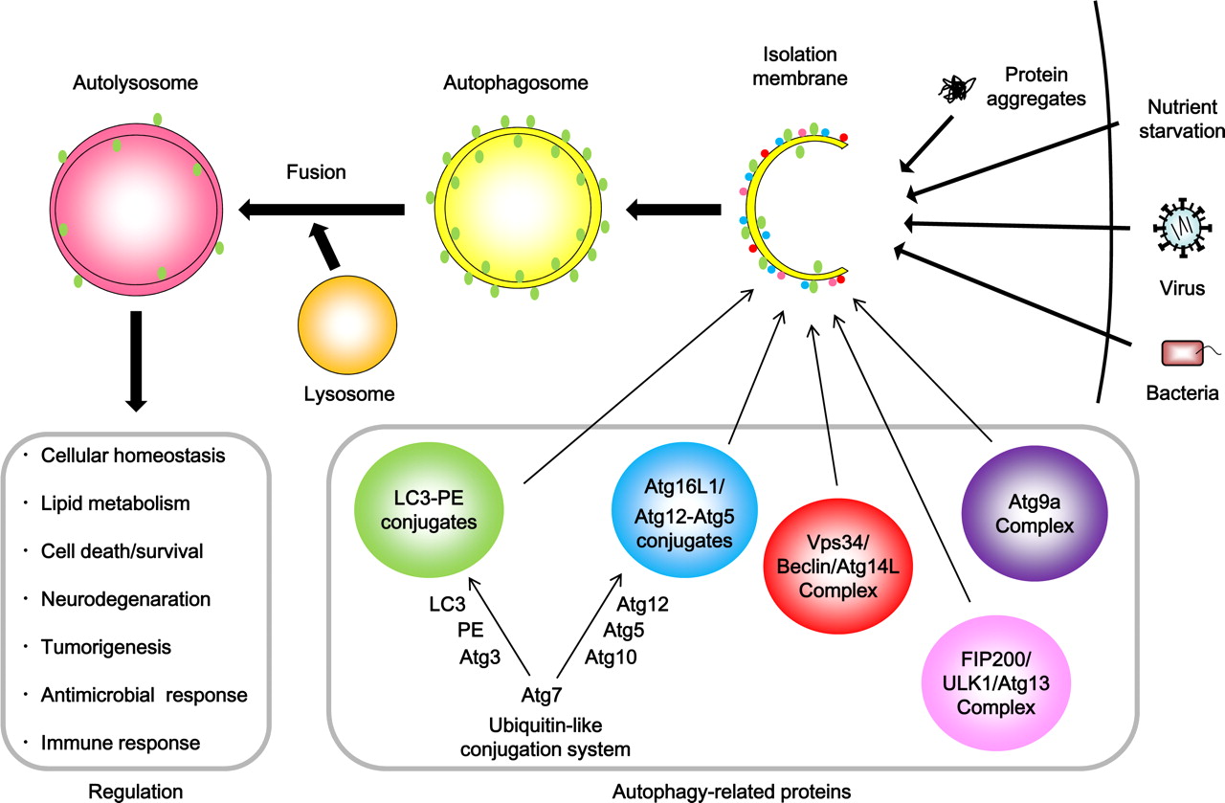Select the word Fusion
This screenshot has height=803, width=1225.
pyautogui.click(x=315, y=172)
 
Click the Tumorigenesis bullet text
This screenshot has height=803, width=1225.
pyautogui.click(x=106, y=647)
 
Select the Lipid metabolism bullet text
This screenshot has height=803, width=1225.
pyautogui.click(x=116, y=503)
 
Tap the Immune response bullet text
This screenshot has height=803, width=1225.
pyautogui.click(x=121, y=743)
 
